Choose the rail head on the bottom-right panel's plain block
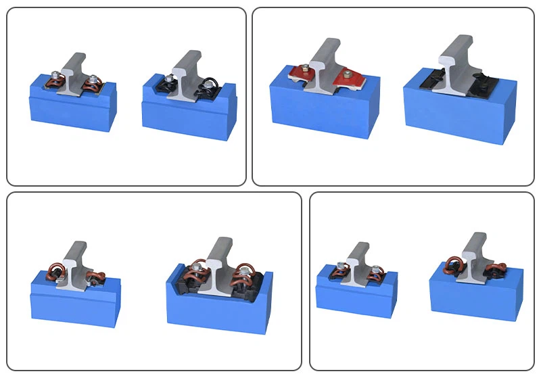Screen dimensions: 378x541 coord(477,239)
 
